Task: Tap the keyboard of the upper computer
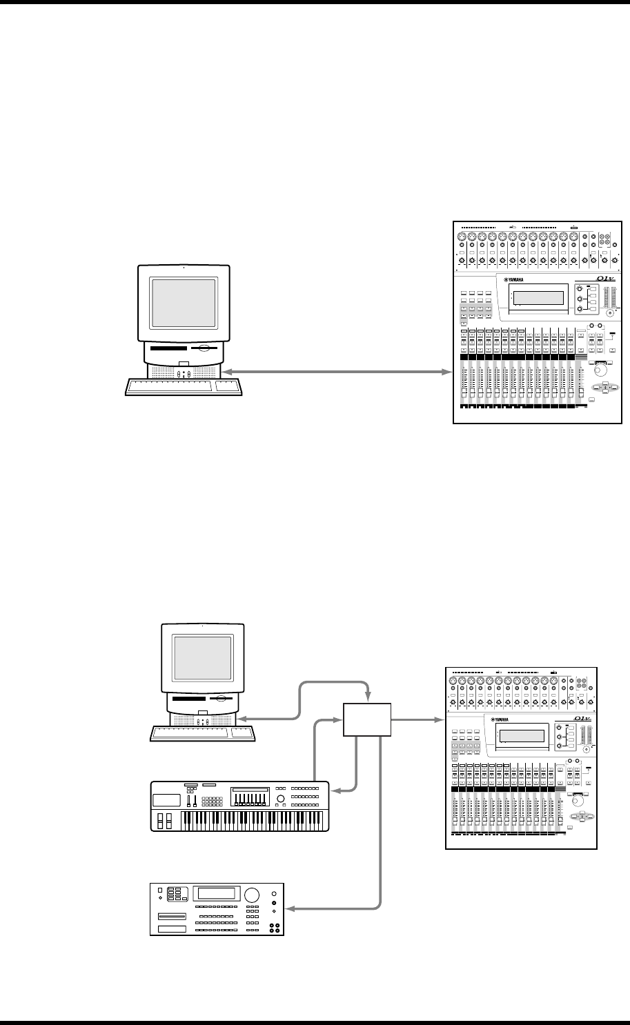[x=170, y=386]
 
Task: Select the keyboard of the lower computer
[x=190, y=733]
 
